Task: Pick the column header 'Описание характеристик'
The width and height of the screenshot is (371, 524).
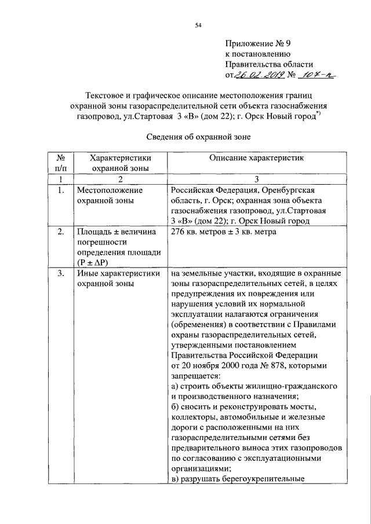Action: click(x=256, y=158)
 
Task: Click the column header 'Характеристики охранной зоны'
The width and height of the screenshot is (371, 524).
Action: click(x=117, y=163)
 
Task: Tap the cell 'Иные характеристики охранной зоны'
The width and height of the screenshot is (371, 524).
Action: click(x=118, y=279)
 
